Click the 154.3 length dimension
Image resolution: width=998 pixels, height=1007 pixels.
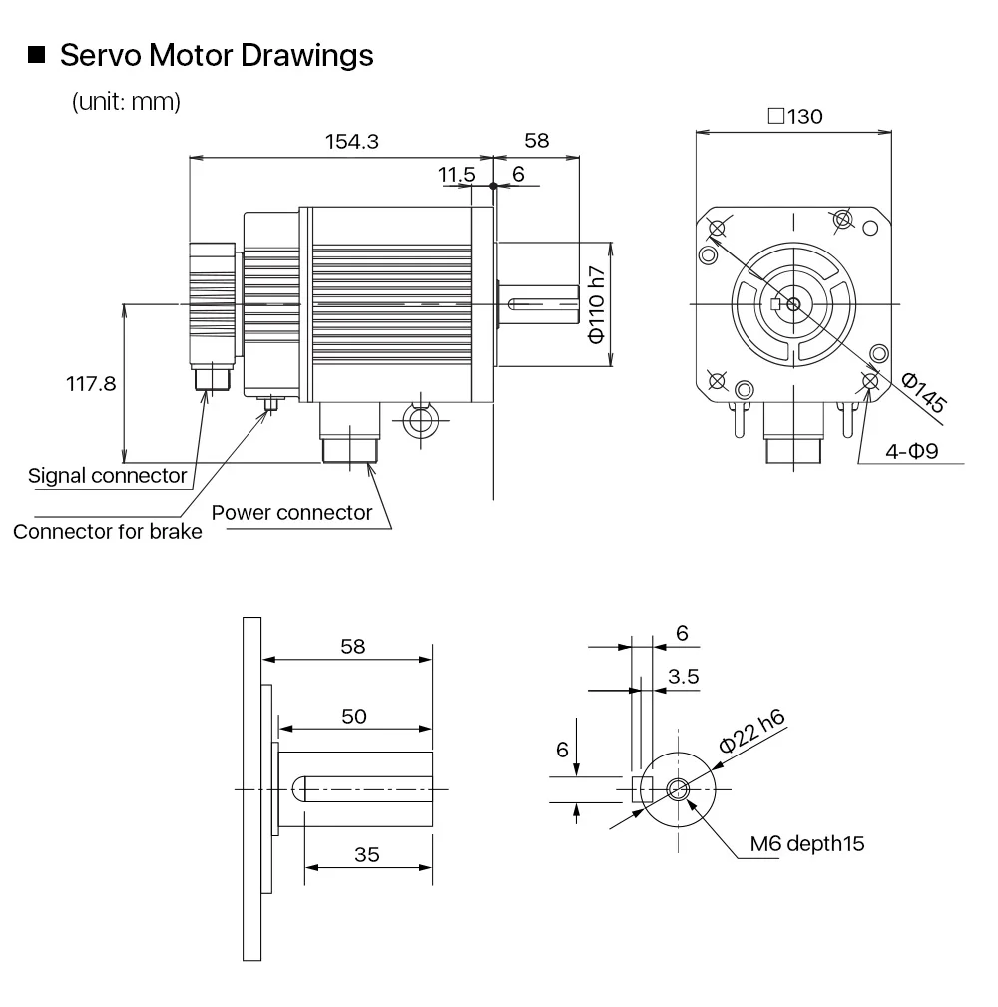[x=352, y=142]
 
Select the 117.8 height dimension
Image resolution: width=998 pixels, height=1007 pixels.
[x=91, y=384]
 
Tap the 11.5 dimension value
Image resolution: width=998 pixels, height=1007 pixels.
[x=457, y=174]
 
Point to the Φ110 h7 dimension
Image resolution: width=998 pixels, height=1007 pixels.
[x=597, y=305]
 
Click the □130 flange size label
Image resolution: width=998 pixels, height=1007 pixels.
[x=795, y=116]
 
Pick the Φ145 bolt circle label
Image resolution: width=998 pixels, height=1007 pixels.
[x=923, y=392]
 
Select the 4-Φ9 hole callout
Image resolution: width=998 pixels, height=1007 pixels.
[x=912, y=451]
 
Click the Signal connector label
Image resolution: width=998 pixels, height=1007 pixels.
[x=107, y=476]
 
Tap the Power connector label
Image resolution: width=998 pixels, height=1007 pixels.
[x=291, y=513]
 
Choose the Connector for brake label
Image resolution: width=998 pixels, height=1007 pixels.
[x=107, y=532]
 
